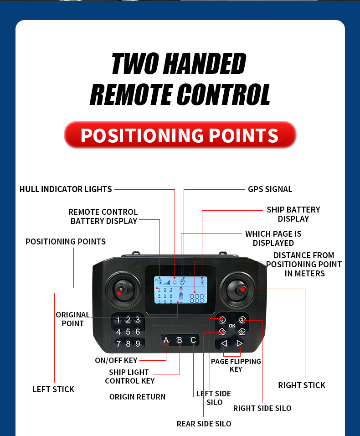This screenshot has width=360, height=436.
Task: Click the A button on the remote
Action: pyautogui.click(x=166, y=340)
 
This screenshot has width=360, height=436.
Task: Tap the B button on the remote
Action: pyautogui.click(x=180, y=340)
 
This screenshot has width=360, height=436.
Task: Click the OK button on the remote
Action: pyautogui.click(x=232, y=326)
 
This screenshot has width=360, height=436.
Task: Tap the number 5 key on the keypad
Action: pyautogui.click(x=128, y=332)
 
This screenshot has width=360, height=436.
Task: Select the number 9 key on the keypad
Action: pyautogui.click(x=138, y=343)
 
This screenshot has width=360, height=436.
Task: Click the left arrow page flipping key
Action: pyautogui.click(x=224, y=343)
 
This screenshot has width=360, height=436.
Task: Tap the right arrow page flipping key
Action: pyautogui.click(x=240, y=343)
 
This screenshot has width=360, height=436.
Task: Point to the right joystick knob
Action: pyautogui.click(x=241, y=289)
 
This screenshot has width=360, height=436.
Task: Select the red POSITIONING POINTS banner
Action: pyautogui.click(x=180, y=135)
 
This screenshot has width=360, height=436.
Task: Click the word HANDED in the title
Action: pyautogui.click(x=205, y=64)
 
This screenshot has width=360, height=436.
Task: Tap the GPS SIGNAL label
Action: pyautogui.click(x=270, y=189)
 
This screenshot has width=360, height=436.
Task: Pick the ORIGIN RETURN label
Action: pyautogui.click(x=137, y=397)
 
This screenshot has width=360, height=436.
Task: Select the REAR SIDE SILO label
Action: pyautogui.click(x=204, y=424)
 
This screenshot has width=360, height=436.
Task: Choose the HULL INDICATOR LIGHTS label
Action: pyautogui.click(x=66, y=189)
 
